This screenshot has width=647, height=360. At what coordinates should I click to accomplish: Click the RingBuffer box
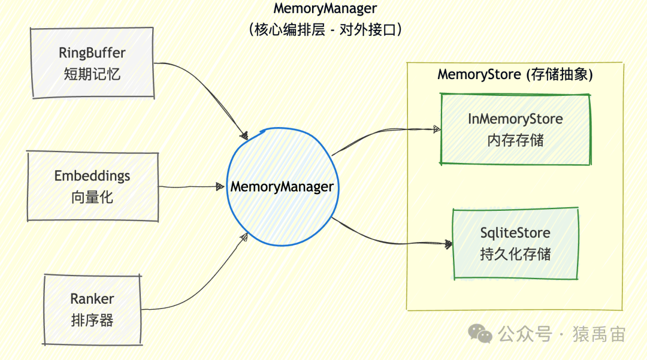(x=92, y=63)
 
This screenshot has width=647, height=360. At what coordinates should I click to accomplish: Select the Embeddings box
(x=92, y=186)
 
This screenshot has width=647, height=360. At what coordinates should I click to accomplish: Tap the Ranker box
(x=92, y=309)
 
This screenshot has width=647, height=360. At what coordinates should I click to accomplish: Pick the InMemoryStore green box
(x=515, y=129)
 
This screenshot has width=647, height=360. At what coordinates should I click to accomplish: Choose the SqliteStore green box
(x=515, y=243)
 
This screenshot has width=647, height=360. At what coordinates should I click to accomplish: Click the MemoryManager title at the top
(x=325, y=9)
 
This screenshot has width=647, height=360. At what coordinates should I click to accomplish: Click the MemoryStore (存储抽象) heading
(x=515, y=75)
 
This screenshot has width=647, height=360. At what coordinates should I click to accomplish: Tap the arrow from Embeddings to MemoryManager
(x=189, y=187)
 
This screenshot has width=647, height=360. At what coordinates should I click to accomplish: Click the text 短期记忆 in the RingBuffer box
(x=92, y=74)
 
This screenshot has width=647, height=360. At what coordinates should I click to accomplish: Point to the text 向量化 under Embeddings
(x=92, y=198)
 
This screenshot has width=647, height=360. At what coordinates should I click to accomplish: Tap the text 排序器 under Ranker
(x=92, y=320)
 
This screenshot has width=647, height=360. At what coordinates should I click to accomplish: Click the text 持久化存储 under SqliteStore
(x=515, y=255)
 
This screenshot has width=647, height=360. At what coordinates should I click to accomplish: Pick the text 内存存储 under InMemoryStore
(x=515, y=140)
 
